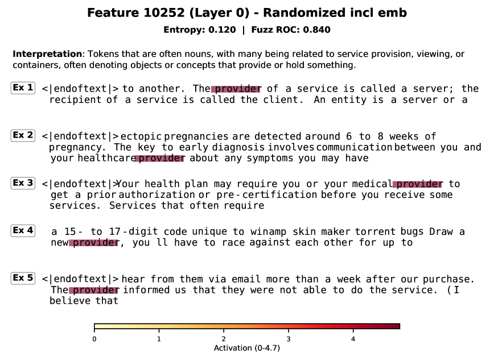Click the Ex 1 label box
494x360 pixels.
pos(23,88)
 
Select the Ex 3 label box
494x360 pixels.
pos(23,183)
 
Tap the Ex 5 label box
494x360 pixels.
pos(23,278)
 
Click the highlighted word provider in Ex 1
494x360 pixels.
pos(236,89)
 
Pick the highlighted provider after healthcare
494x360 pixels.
pos(160,158)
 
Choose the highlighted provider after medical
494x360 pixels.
pos(418,184)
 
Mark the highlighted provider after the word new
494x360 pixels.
pos(94,242)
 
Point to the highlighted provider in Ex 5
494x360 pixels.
pos(94,290)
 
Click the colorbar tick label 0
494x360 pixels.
pos(94,339)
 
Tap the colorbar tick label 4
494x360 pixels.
pos(353,339)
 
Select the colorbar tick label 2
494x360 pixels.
pos(224,339)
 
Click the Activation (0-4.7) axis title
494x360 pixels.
pos(246,348)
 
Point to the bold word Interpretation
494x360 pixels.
pos(47,54)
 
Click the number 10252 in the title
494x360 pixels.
pos(164,13)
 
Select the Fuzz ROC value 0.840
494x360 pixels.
pos(316,30)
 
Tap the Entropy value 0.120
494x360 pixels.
pos(222,30)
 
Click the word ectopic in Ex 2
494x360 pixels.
pos(141,136)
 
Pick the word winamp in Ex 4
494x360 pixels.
pos(269,232)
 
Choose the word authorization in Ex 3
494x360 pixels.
pos(157,195)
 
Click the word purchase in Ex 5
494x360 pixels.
pos(447,279)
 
